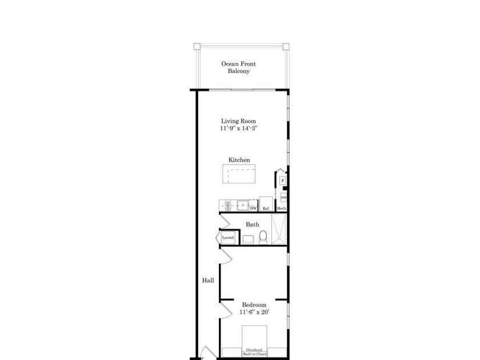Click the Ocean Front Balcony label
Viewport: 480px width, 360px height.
(239, 67)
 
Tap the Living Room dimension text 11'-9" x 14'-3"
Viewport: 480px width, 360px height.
(239, 129)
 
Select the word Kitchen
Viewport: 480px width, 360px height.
(239, 160)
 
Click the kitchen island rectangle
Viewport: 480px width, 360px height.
(239, 174)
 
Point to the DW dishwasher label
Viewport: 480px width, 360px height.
(253, 209)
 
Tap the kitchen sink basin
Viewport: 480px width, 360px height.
(243, 205)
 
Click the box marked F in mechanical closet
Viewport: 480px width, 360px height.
(282, 181)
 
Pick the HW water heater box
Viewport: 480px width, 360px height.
(283, 197)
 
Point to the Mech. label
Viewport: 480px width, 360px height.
(281, 209)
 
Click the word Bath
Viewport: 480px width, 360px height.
(252, 225)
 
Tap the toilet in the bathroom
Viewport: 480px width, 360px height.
(263, 237)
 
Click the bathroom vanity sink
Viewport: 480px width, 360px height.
(249, 239)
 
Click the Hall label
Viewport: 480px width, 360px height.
(208, 281)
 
